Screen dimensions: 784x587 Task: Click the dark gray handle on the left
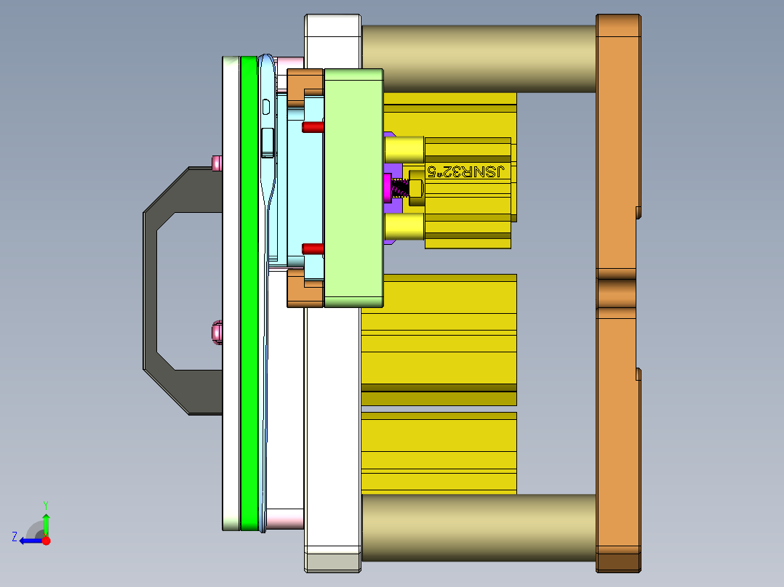(150, 290)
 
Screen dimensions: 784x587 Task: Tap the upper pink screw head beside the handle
(217, 163)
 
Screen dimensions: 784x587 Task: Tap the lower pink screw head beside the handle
(217, 333)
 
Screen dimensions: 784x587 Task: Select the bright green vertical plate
(249, 293)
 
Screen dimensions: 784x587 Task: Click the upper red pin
(313, 127)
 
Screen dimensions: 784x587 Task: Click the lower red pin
(313, 248)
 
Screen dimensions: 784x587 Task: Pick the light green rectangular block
(353, 188)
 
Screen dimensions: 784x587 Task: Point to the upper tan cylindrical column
(479, 58)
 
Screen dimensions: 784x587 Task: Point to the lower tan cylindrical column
(479, 527)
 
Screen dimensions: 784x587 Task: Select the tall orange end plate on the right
(618, 293)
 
